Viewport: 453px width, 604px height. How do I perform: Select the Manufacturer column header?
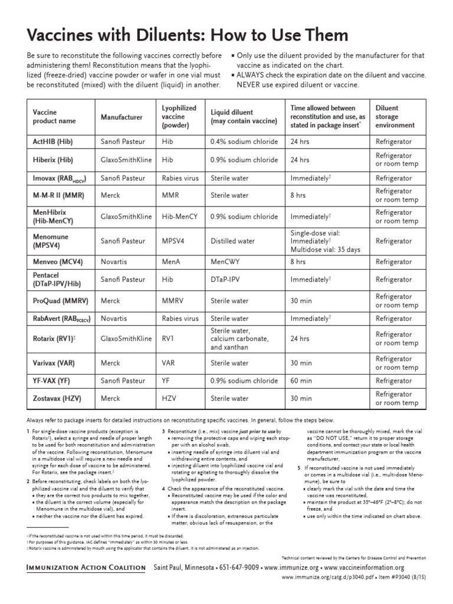[x=122, y=117]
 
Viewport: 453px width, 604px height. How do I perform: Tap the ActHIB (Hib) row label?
[x=52, y=143]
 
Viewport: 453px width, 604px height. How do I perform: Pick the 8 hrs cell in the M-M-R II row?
[x=298, y=195]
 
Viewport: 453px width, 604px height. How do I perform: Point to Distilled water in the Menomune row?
[x=233, y=241]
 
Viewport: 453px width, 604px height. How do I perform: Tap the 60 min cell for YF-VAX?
[x=301, y=381]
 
